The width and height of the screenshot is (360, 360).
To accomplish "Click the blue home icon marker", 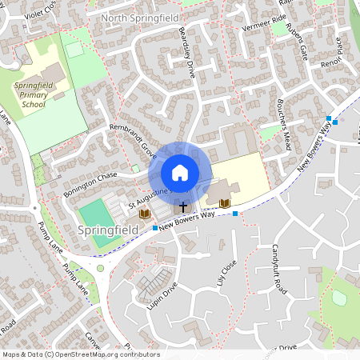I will point(180,173).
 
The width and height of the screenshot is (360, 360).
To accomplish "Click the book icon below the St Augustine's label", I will point(144,214).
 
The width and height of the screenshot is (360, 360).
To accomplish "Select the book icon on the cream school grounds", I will point(224,204).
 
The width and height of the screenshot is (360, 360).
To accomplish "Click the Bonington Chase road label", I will point(90,183).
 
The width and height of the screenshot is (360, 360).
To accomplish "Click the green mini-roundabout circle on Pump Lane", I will point(100,269).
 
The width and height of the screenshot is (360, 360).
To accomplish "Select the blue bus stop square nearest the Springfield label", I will point(154,229).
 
